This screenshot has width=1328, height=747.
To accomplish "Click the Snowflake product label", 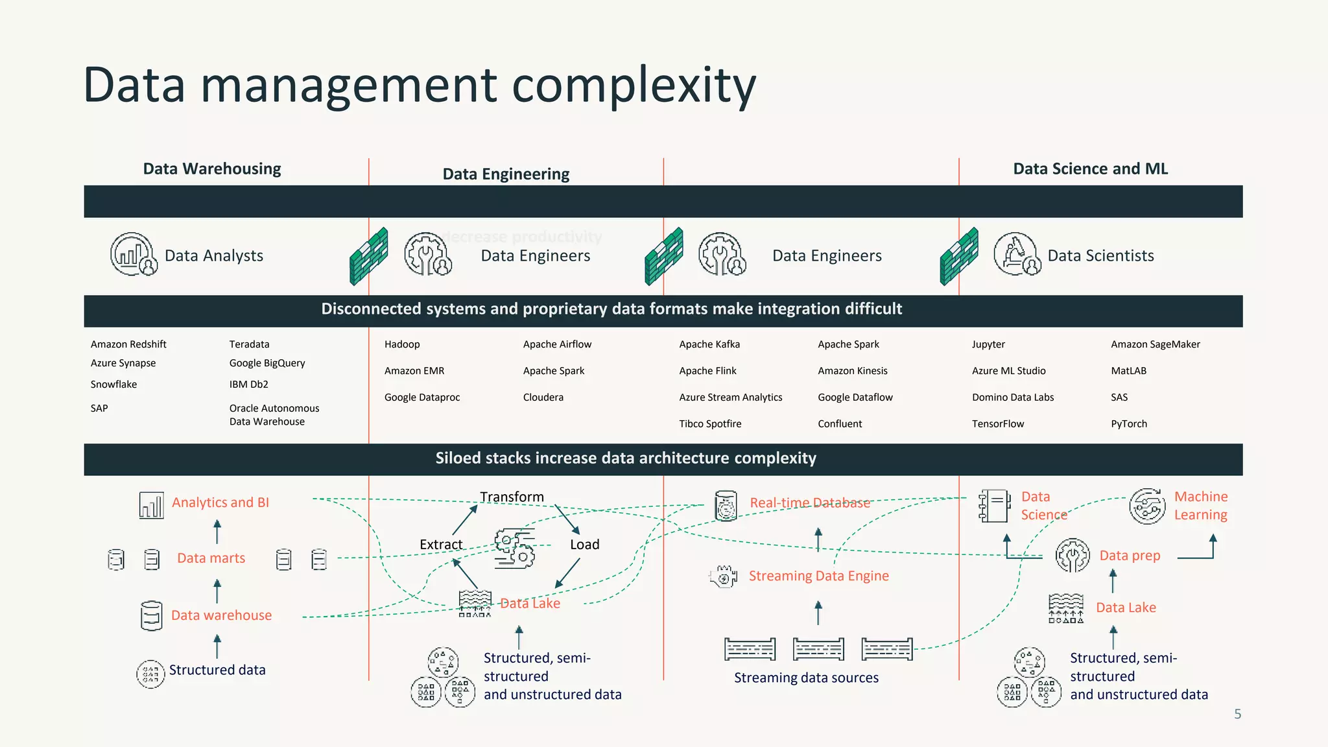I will click(113, 385).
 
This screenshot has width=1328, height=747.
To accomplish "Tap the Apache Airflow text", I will click(557, 344).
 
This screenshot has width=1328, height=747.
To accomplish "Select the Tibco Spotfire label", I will click(710, 424).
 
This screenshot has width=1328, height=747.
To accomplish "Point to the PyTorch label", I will click(1128, 424).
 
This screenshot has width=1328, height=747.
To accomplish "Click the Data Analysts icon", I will click(133, 254).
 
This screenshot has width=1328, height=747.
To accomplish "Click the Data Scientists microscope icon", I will click(1016, 254).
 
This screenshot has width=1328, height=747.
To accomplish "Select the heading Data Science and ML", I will click(1090, 169).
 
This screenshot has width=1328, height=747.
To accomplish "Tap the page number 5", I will click(1237, 714).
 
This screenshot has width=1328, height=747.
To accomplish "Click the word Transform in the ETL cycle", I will click(512, 497).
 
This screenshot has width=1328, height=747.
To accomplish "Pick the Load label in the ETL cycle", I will click(584, 545).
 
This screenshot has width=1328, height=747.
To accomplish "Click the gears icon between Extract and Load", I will click(515, 548).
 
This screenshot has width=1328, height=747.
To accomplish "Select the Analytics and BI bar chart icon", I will click(151, 504).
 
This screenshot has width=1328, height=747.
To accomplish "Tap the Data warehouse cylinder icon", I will click(151, 615).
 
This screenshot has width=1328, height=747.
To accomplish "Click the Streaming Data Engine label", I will click(818, 576).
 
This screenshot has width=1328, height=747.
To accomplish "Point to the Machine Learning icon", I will click(1147, 506).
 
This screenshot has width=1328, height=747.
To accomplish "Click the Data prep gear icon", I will click(1073, 555).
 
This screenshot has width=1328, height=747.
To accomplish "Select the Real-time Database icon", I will click(726, 505).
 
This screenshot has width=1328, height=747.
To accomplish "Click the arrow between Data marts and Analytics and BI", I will click(217, 532).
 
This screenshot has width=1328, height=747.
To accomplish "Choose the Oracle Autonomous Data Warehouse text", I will click(274, 415).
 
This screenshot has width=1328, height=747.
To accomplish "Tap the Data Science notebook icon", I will click(994, 506).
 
